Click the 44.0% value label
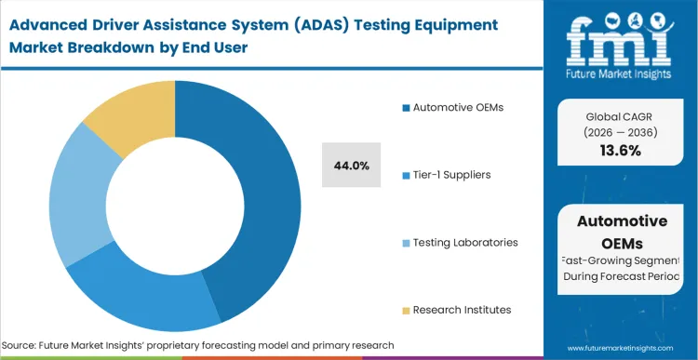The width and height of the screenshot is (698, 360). tap(352, 166)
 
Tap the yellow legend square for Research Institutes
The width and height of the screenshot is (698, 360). tap(406, 310)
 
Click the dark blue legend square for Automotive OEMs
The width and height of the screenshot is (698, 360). tap(406, 109)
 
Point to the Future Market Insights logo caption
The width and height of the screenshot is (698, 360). tap(622, 73)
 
